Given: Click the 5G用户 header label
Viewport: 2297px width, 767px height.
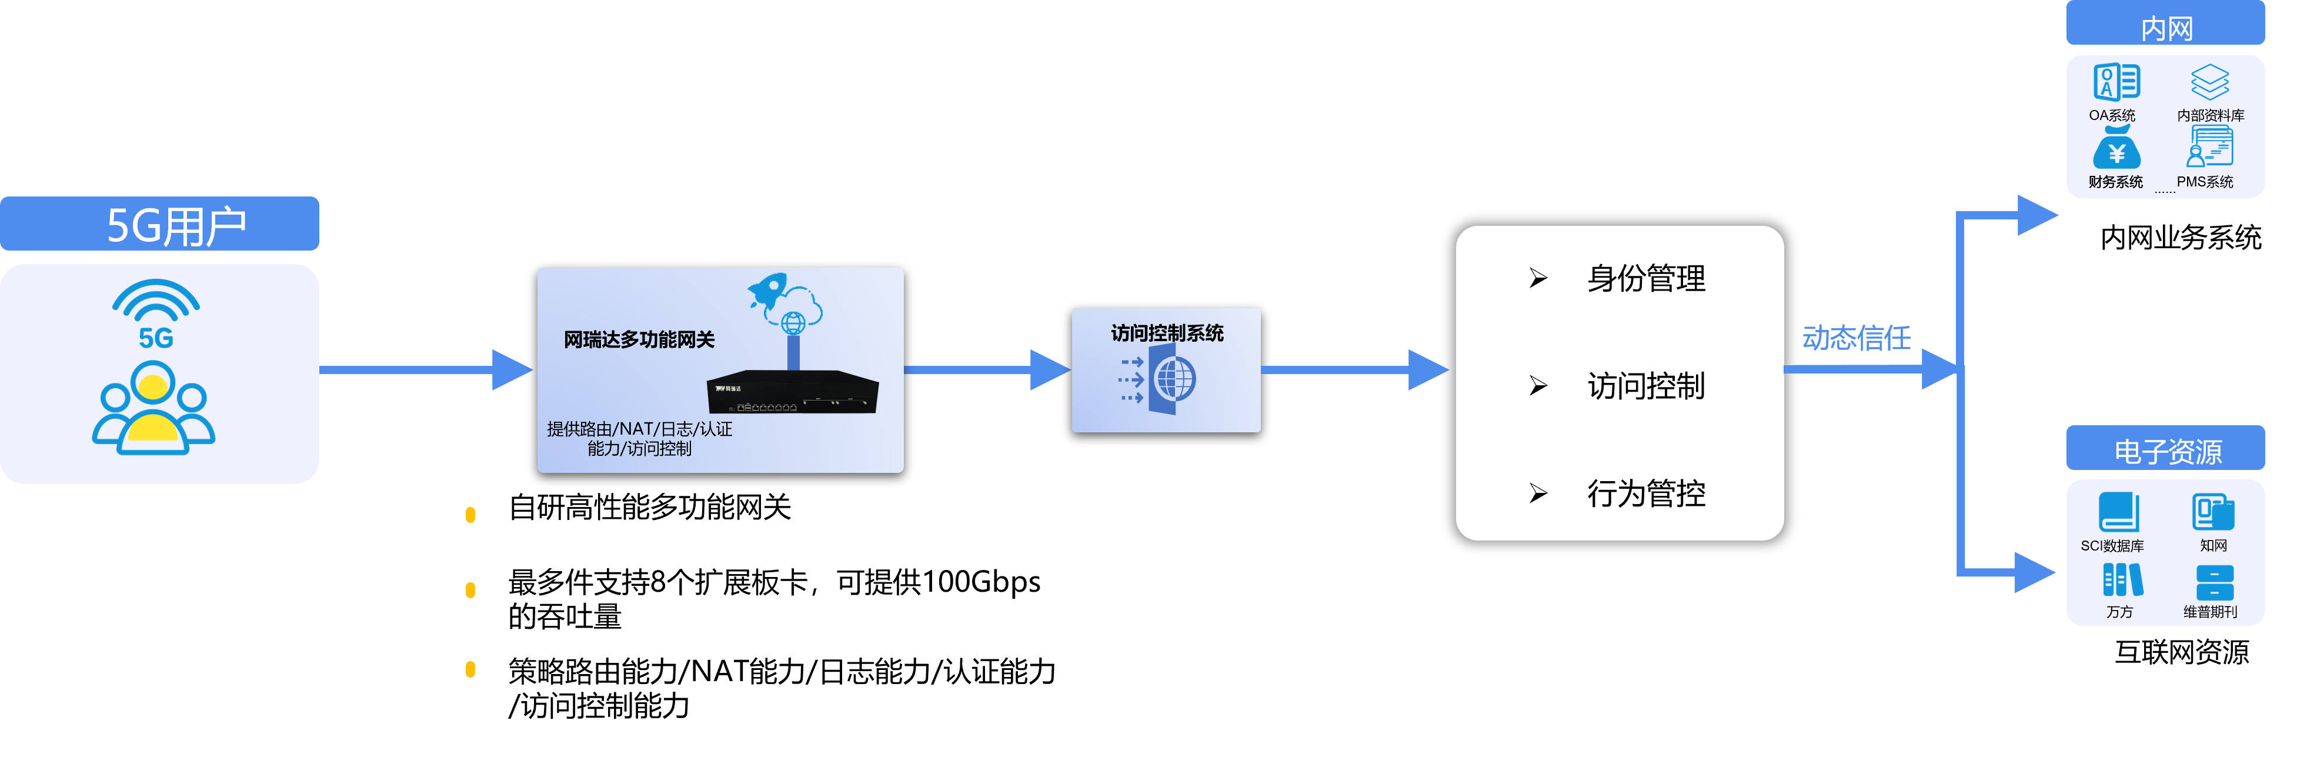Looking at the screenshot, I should tap(176, 225).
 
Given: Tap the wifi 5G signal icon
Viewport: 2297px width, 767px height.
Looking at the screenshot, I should tap(156, 312).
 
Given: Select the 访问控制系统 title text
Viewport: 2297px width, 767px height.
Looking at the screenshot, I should tap(1166, 334).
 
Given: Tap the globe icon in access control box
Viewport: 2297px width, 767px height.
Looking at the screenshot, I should tap(1173, 379).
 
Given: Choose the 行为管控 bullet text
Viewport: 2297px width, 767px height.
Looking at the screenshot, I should tap(1645, 493).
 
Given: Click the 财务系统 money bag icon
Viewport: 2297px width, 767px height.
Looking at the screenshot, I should tap(2115, 149).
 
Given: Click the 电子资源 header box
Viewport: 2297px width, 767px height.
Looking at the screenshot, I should tap(2165, 451).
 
